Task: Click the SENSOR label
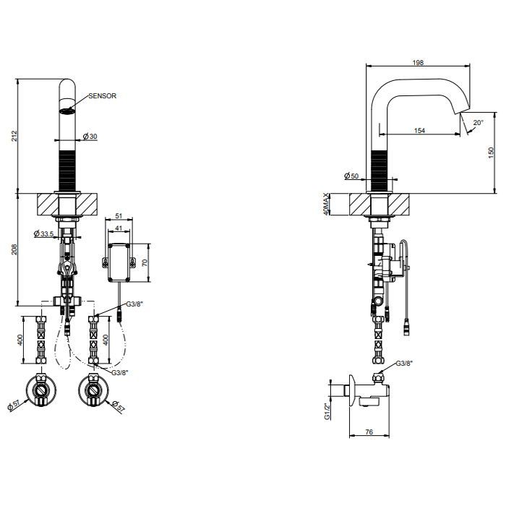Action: pyautogui.click(x=103, y=96)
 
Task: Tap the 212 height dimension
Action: pyautogui.click(x=14, y=136)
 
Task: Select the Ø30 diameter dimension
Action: pyautogui.click(x=90, y=137)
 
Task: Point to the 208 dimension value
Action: pyautogui.click(x=14, y=249)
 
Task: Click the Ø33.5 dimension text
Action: pyautogui.click(x=43, y=233)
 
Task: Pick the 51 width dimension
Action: pyautogui.click(x=119, y=216)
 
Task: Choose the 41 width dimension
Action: pyautogui.click(x=119, y=228)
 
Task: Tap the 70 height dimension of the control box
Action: pyautogui.click(x=145, y=262)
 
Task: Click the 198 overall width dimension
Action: pyautogui.click(x=418, y=63)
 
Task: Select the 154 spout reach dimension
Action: pyautogui.click(x=419, y=130)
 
